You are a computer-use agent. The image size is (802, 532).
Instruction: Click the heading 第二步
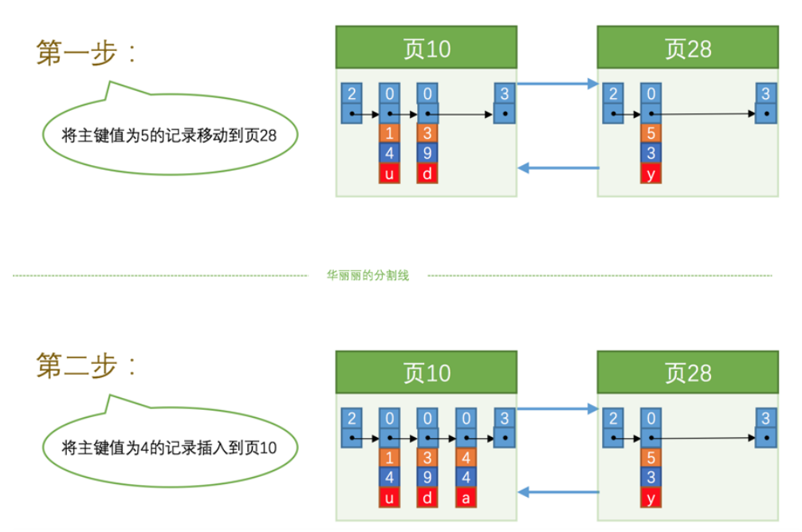click(87, 366)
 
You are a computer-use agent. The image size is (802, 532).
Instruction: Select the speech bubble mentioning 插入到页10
click(169, 447)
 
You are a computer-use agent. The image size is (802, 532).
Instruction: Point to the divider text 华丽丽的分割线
click(368, 276)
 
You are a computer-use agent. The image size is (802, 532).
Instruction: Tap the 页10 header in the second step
click(427, 372)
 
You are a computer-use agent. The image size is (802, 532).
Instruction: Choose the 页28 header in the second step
click(688, 372)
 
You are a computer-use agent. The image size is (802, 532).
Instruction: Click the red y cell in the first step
click(651, 171)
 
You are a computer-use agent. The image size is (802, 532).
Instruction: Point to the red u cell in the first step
click(389, 171)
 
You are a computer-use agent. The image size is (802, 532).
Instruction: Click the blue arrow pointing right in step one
click(558, 83)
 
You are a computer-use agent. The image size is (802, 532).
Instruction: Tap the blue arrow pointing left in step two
click(558, 492)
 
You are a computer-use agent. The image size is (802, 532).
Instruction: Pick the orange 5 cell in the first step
click(651, 133)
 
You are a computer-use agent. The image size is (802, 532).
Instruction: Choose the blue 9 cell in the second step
click(427, 478)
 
